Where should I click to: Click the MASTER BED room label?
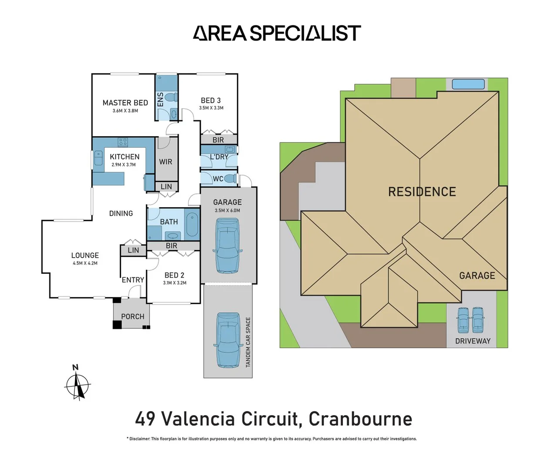tap(125, 103)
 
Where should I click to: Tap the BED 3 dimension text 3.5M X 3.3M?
tap(211, 108)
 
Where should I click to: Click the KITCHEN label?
tap(124, 157)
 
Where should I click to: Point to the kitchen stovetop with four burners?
tap(123, 142)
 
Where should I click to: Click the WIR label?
tap(165, 162)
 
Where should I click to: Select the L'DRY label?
tap(219, 157)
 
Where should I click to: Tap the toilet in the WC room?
tap(231, 178)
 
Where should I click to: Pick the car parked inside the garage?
tap(227, 245)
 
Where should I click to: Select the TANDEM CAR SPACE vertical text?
tap(248, 342)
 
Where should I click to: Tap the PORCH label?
tap(132, 316)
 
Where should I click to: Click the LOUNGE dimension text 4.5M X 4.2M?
tap(85, 263)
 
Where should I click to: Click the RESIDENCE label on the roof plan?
tap(422, 192)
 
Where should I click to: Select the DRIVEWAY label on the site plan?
tap(473, 341)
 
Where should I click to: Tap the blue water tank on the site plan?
tap(468, 84)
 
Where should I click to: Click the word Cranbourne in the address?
tap(360, 419)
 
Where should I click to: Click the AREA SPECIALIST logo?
tap(277, 34)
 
